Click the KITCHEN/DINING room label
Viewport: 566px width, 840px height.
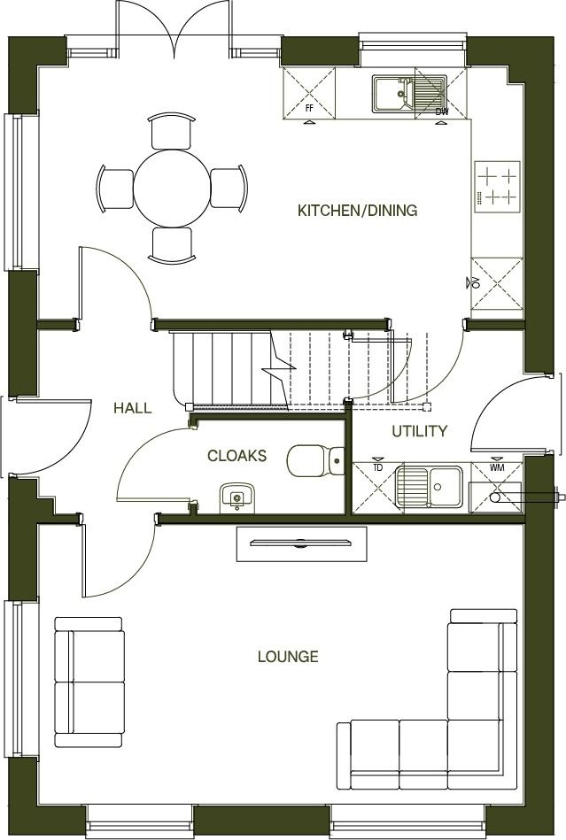pyautogui.click(x=357, y=211)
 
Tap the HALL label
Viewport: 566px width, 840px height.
pyautogui.click(x=132, y=408)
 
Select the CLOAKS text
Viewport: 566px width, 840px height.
pyautogui.click(x=236, y=456)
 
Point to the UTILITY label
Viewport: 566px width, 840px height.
pyautogui.click(x=420, y=431)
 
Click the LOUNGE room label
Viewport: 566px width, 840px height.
pyautogui.click(x=288, y=657)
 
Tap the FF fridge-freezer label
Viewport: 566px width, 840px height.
pyautogui.click(x=309, y=108)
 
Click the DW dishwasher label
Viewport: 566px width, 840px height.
pyautogui.click(x=441, y=112)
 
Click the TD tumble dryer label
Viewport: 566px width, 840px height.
pyautogui.click(x=377, y=466)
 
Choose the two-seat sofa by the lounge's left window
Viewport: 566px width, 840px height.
pyautogui.click(x=89, y=682)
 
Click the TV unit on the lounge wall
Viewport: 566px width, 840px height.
pyautogui.click(x=301, y=543)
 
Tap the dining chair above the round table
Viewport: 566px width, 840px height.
pyautogui.click(x=170, y=131)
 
